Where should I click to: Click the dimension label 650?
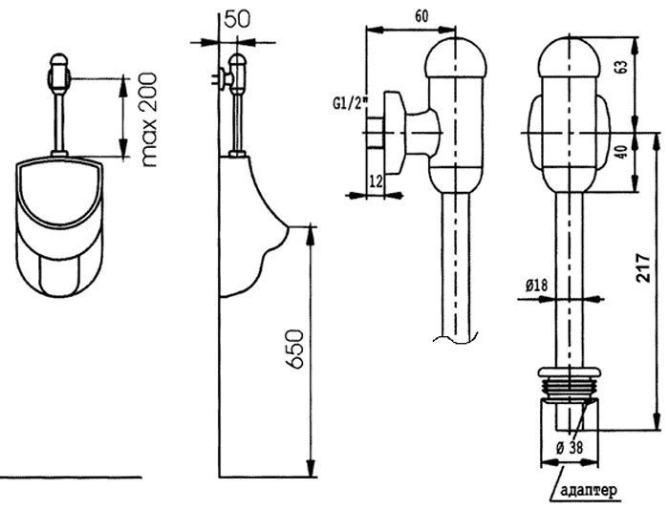click(x=294, y=348)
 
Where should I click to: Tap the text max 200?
click(x=149, y=119)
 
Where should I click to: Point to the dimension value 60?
click(x=421, y=16)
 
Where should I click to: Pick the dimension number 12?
click(x=376, y=181)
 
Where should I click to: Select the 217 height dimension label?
click(x=642, y=267)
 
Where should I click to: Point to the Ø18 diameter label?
click(x=537, y=285)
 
